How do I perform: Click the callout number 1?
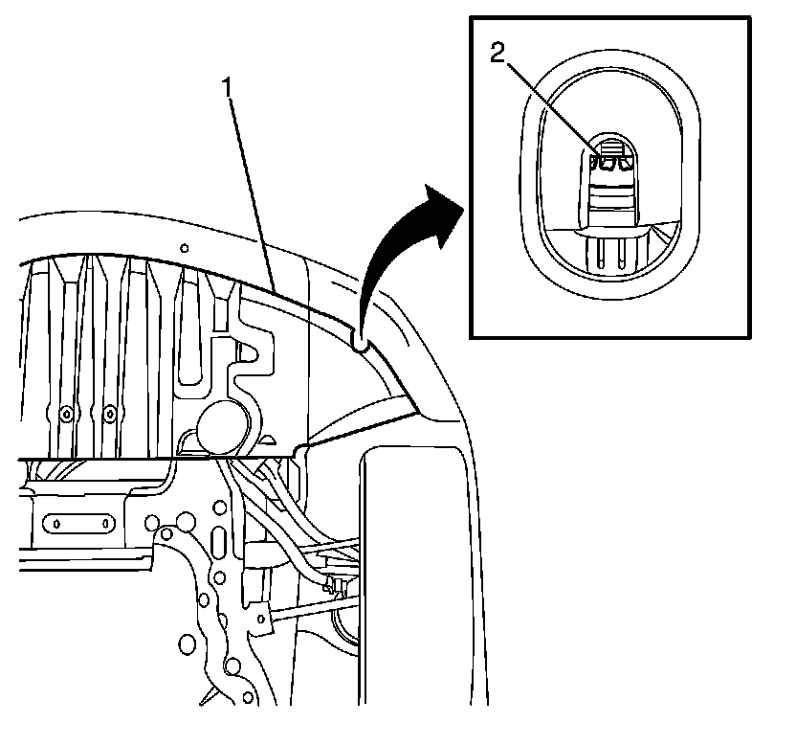[x=228, y=87]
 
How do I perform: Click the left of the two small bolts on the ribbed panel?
[x=65, y=414]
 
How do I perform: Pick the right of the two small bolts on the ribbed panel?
[x=110, y=414]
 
